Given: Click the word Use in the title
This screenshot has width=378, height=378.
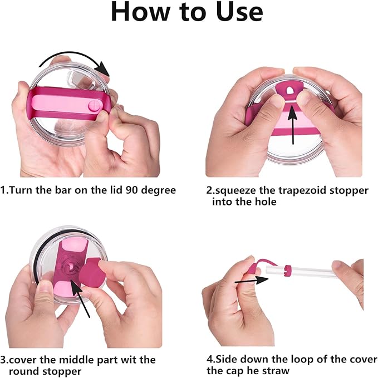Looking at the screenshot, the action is point(239,12).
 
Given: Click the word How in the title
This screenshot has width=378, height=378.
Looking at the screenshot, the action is point(140,12).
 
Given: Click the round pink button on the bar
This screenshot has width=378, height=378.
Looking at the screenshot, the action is point(94,106).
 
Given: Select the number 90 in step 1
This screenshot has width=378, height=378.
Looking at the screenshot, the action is point(132,190).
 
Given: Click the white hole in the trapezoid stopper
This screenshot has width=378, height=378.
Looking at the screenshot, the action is point(289,90).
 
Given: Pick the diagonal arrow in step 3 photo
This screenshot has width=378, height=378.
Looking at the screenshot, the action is point(80,298).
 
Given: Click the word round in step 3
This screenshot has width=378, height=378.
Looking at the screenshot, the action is point(24,371).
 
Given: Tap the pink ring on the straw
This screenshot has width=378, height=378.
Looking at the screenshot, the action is point(287,271).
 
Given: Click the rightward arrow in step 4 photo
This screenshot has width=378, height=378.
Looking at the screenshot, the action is point(252,281).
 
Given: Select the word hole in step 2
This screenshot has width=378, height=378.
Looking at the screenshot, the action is point(266,202).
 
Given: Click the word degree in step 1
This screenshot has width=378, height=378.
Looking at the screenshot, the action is point(159,191).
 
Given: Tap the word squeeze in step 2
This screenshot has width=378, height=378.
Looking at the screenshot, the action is point(235,191).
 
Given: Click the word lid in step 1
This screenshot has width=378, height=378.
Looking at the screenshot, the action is point(117,190).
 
